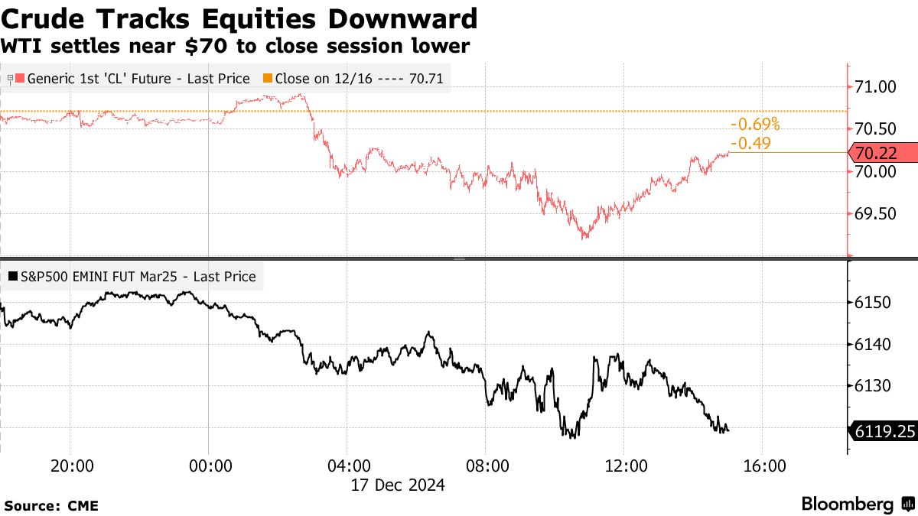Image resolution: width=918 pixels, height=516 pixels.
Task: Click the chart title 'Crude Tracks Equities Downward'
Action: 239,18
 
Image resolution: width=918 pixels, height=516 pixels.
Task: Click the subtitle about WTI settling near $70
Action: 235,46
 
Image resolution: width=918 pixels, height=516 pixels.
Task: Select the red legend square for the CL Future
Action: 21,78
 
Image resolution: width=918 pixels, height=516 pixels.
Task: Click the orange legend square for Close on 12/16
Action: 267,78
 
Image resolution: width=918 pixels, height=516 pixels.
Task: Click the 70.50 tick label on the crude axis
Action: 874,128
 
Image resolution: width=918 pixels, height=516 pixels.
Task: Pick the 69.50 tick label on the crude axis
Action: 874,213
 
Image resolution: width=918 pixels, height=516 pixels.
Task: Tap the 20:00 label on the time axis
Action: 70,466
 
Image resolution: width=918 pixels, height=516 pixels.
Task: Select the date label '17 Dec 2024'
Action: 397,485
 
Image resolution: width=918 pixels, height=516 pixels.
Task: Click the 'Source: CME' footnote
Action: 51,506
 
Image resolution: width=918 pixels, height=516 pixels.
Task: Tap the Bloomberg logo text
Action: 848,505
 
